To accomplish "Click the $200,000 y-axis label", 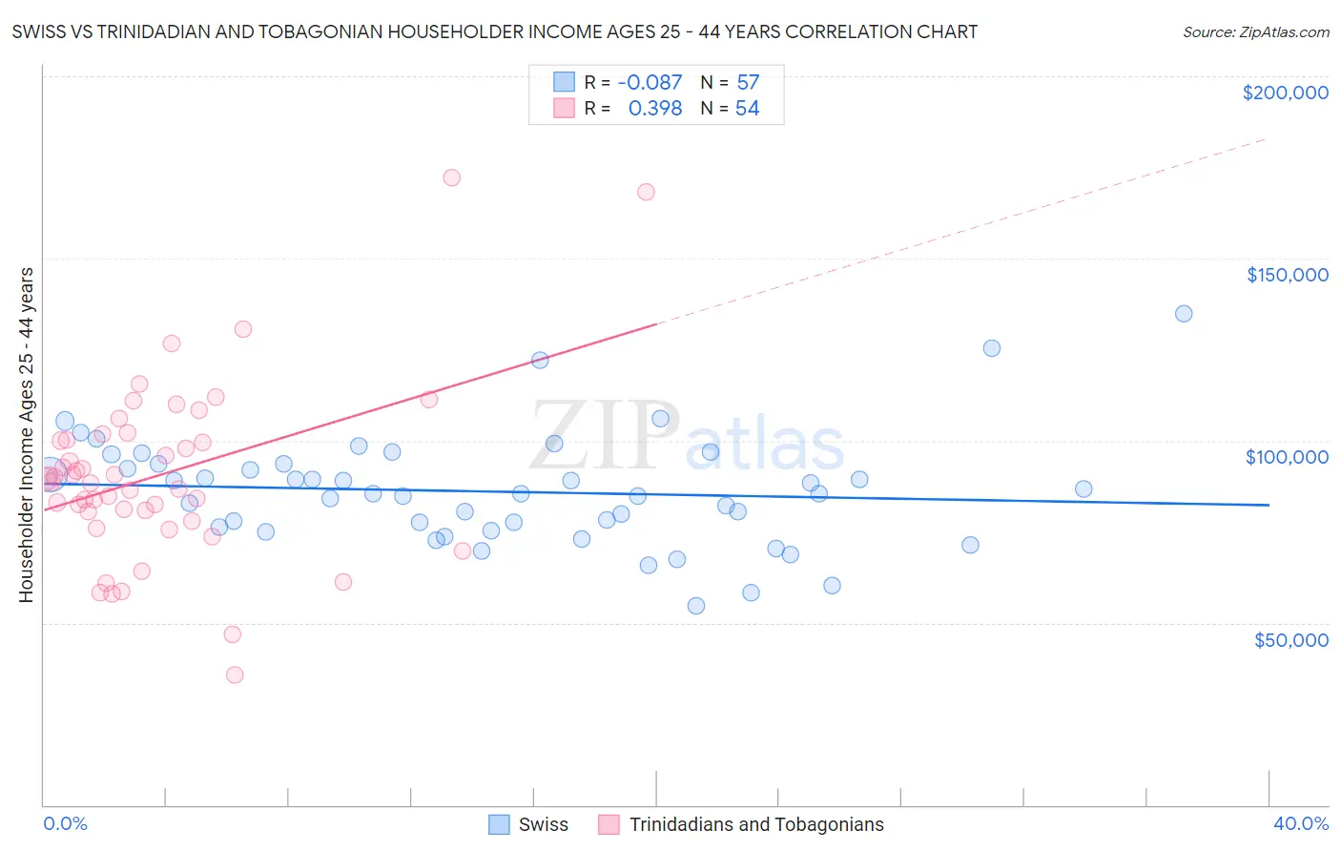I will pyautogui.click(x=1285, y=93).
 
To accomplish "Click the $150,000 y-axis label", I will pyautogui.click(x=1287, y=275).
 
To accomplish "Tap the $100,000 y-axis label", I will pyautogui.click(x=1287, y=457).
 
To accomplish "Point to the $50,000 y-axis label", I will pyautogui.click(x=1290, y=639).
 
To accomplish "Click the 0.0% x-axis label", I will pyautogui.click(x=65, y=823).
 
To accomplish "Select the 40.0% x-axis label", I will pyautogui.click(x=1301, y=823).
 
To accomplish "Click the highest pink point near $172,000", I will pyautogui.click(x=452, y=177).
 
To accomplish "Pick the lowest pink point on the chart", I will pyautogui.click(x=235, y=675).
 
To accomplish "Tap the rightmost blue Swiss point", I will pyautogui.click(x=1184, y=314).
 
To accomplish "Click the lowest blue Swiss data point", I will pyautogui.click(x=696, y=606).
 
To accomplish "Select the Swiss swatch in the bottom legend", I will pyautogui.click(x=499, y=824).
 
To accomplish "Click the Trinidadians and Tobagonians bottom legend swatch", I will pyautogui.click(x=609, y=824).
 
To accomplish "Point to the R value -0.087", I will pyautogui.click(x=650, y=82).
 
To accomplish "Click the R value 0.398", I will pyautogui.click(x=654, y=109).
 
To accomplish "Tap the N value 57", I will pyautogui.click(x=748, y=82).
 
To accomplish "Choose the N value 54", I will pyautogui.click(x=747, y=109).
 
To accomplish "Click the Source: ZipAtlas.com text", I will pyautogui.click(x=1255, y=31).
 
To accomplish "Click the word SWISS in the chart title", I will pyautogui.click(x=39, y=31).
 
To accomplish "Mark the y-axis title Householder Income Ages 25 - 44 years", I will pyautogui.click(x=26, y=435).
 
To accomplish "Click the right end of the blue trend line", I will pyautogui.click(x=1269, y=505).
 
